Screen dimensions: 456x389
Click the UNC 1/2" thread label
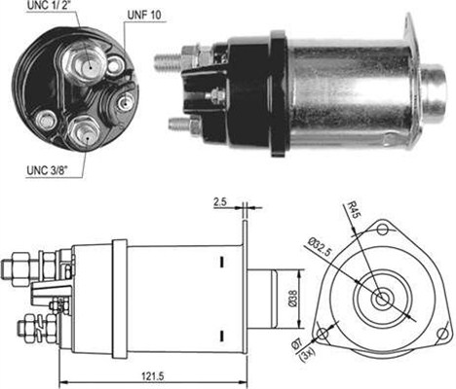(49, 5)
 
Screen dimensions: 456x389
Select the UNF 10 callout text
(144, 16)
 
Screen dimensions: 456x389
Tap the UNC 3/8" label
(47, 170)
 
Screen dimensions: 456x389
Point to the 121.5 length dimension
(152, 376)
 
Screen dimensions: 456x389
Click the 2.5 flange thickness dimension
(219, 202)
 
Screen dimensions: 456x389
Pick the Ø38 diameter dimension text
(292, 298)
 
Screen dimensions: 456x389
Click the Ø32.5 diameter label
(320, 247)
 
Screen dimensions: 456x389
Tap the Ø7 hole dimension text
(297, 344)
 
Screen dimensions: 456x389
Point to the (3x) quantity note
(305, 356)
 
